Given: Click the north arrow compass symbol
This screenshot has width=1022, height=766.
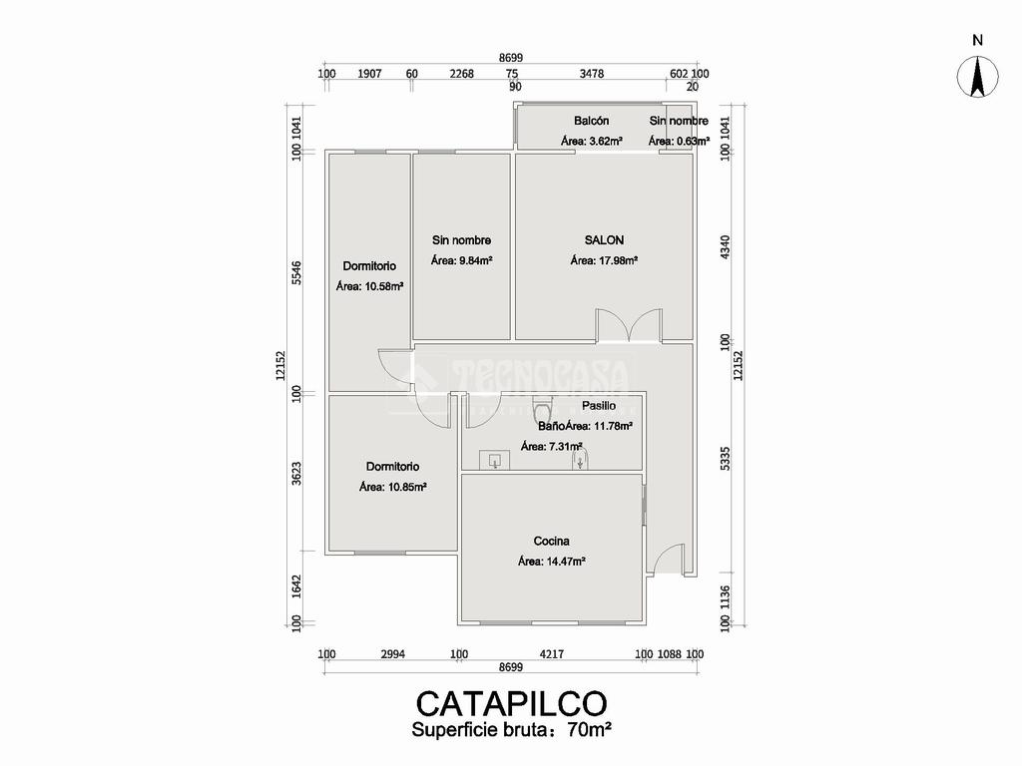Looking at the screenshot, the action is click(977, 78).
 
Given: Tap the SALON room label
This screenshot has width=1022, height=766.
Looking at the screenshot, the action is click(604, 240).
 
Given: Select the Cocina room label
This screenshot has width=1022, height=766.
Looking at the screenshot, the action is click(551, 542).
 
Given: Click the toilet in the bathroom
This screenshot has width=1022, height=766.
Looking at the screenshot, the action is click(542, 408).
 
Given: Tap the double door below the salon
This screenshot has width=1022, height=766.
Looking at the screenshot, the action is click(629, 327).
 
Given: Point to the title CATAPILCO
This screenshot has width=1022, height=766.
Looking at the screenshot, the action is click(511, 702).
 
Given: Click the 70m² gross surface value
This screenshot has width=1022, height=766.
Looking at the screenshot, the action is click(589, 730).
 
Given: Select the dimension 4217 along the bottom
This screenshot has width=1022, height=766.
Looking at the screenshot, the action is click(551, 654).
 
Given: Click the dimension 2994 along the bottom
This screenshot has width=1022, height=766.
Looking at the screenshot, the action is click(392, 654).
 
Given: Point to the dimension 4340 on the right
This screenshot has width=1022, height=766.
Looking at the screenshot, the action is click(726, 246).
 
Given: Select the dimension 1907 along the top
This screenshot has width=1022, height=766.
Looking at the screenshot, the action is click(367, 73).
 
